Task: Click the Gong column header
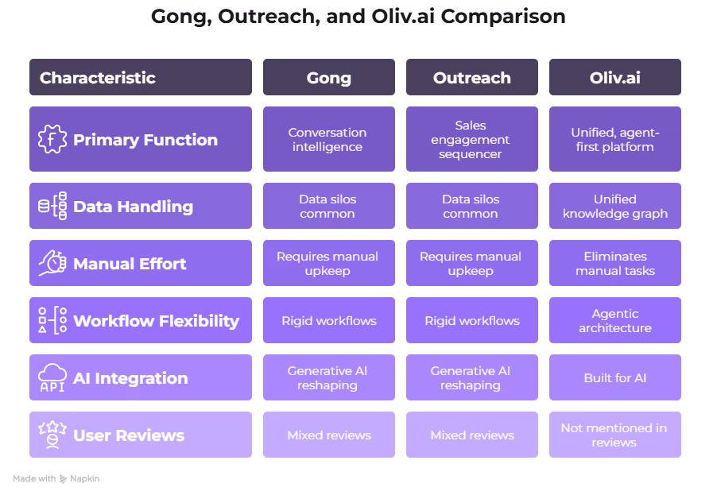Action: [328, 78]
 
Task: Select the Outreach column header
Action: [471, 78]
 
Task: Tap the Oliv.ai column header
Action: [614, 78]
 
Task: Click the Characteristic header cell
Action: [140, 78]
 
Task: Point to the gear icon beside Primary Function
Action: [52, 140]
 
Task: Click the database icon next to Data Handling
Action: [52, 207]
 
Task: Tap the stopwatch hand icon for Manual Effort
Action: [52, 264]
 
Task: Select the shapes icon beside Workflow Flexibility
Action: [52, 321]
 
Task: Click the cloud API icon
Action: [52, 378]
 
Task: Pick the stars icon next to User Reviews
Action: [52, 435]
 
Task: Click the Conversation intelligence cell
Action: [328, 140]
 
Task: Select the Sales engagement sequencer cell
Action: [471, 140]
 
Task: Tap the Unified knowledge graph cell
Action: [614, 207]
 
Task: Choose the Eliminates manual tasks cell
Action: [614, 264]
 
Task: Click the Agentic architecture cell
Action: [614, 321]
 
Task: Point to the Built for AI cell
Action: [614, 378]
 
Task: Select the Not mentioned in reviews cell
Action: [614, 435]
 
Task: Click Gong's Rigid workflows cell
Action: [328, 321]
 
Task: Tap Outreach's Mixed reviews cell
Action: [471, 435]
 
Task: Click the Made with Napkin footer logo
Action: [56, 479]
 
